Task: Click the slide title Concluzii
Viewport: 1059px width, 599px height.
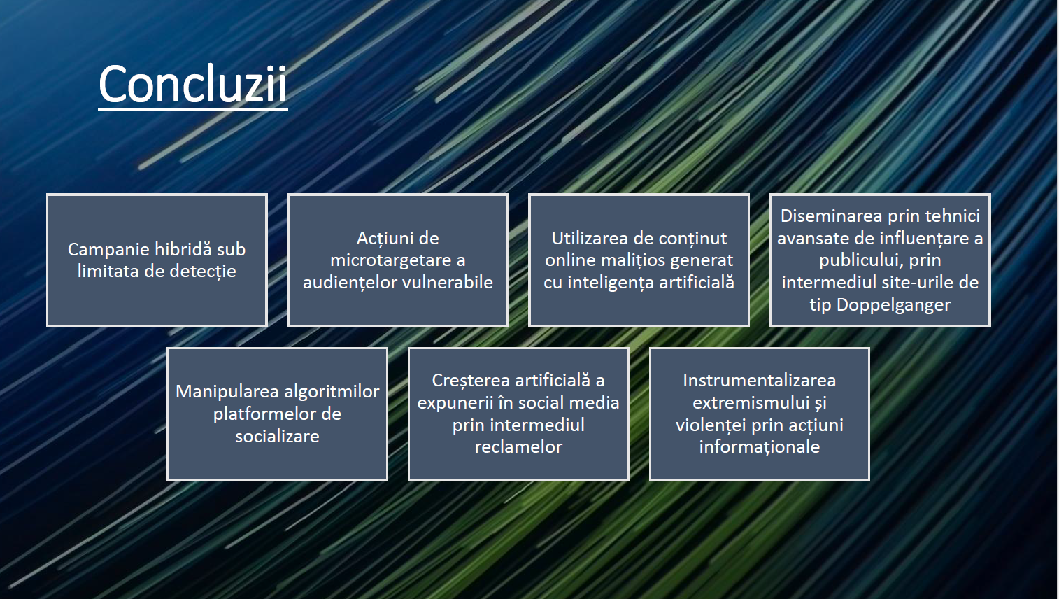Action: click(192, 84)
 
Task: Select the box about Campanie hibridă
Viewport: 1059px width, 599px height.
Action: click(157, 260)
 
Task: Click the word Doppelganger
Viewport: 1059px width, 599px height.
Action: click(893, 305)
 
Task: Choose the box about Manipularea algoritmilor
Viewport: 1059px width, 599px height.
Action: click(278, 414)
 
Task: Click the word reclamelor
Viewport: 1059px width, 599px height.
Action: click(518, 446)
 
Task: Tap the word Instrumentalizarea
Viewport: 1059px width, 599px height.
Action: click(759, 380)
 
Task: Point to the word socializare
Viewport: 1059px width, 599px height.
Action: click(278, 436)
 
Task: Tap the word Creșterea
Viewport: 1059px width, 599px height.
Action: click(471, 381)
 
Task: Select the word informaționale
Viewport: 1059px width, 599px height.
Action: click(759, 447)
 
